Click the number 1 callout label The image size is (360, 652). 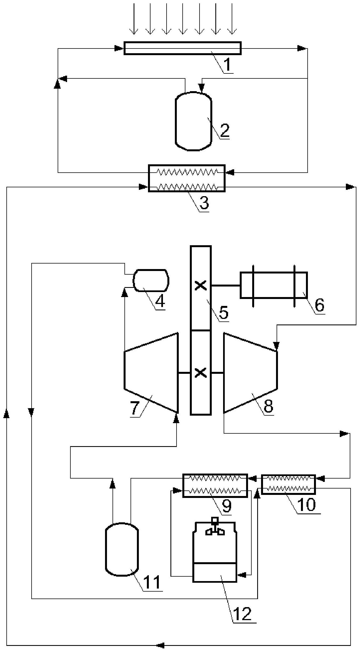(x=227, y=64)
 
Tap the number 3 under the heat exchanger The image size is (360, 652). (x=204, y=203)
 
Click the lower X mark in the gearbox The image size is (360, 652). (x=201, y=373)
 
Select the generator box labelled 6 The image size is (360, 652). (x=274, y=285)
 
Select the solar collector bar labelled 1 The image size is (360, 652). (x=182, y=48)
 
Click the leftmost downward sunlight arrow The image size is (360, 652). (x=134, y=19)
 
